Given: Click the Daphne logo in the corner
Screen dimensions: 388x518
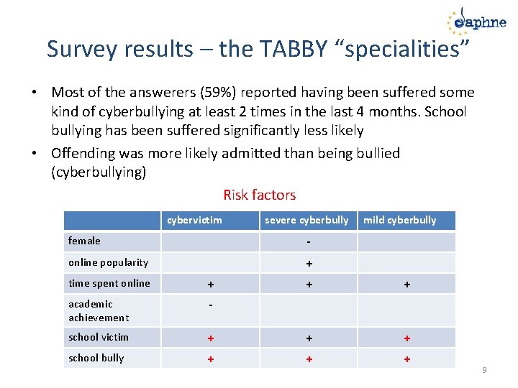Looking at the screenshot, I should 476,22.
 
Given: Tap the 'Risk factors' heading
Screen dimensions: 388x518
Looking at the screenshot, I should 259,195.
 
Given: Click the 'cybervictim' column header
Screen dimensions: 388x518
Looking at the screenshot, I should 194,220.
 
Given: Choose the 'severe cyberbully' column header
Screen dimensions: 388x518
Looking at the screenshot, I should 306,220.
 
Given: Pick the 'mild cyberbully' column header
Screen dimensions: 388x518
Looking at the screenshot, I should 399,220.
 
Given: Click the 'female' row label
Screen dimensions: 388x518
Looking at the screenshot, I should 84,241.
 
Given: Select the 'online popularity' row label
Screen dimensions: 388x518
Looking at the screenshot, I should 108,262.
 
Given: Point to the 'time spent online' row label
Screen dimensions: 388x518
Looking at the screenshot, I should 109,283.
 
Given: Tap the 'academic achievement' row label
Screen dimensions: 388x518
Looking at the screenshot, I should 99,310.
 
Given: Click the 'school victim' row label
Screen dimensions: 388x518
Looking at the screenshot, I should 99,337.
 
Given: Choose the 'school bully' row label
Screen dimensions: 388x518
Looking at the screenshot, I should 96,358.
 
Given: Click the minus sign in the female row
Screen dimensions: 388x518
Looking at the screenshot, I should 308,241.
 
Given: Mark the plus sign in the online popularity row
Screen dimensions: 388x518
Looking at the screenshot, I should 308,264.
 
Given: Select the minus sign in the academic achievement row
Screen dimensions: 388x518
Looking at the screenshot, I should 210,305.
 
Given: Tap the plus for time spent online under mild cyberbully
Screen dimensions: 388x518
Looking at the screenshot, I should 406,285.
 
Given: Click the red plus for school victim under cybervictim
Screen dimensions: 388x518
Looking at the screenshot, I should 210,338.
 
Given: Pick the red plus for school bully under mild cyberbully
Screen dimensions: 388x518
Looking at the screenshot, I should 406,359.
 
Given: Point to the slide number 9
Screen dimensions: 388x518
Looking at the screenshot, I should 484,370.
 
